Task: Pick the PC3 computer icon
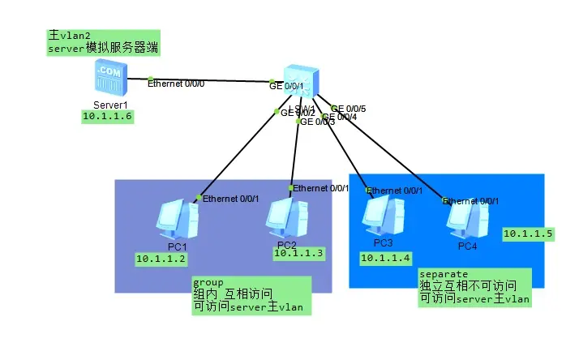click(383, 216)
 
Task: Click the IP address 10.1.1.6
click(106, 117)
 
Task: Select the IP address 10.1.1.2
click(161, 259)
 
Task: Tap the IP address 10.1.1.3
click(298, 253)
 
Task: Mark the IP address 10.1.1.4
click(385, 259)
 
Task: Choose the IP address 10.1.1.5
click(528, 234)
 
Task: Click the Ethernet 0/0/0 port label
click(174, 83)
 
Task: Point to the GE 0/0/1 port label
click(286, 86)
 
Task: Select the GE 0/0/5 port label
click(351, 108)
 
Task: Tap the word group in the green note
click(208, 283)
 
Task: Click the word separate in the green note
click(443, 274)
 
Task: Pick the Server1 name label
click(110, 105)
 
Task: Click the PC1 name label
click(178, 246)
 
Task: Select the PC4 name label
click(468, 246)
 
